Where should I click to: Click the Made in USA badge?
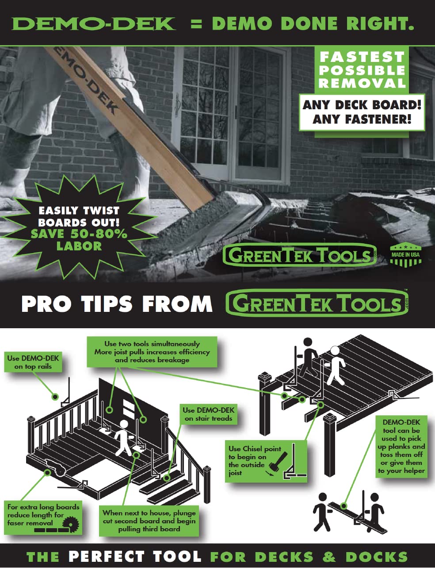(405, 256)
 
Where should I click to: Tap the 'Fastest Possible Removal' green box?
(362, 70)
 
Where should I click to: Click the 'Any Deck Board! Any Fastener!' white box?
(362, 112)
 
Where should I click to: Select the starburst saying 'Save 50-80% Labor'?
(79, 227)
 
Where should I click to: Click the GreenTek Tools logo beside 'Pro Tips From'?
(317, 303)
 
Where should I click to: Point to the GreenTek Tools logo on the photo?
(300, 255)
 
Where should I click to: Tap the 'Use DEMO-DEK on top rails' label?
(33, 362)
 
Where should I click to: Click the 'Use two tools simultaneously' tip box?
(152, 352)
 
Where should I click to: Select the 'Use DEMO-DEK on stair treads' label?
(208, 414)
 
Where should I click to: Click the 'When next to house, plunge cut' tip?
(149, 521)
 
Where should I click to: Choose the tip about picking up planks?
(401, 446)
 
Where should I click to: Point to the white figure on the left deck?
(124, 436)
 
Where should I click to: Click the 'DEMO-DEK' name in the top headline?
(94, 23)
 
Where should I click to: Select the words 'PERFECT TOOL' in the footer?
(135, 556)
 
